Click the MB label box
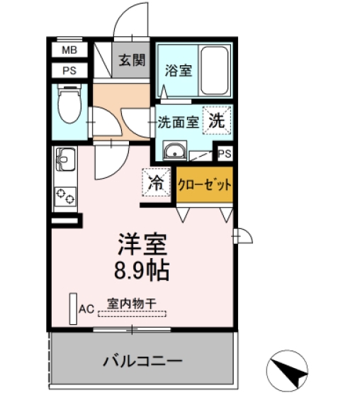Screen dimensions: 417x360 pyautogui.click(x=69, y=50)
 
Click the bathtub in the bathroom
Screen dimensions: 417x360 pyautogui.click(x=215, y=70)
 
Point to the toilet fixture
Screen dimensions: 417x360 pyautogui.click(x=69, y=106)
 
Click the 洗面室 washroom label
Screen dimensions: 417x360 pyautogui.click(x=178, y=122)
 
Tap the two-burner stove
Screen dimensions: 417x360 pyautogui.click(x=65, y=195)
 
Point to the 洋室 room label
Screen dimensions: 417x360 pyautogui.click(x=142, y=245)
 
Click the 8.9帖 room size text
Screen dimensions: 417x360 pyautogui.click(x=142, y=269)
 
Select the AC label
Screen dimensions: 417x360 pyautogui.click(x=86, y=309)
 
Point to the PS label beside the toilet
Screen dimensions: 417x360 pyautogui.click(x=69, y=70)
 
